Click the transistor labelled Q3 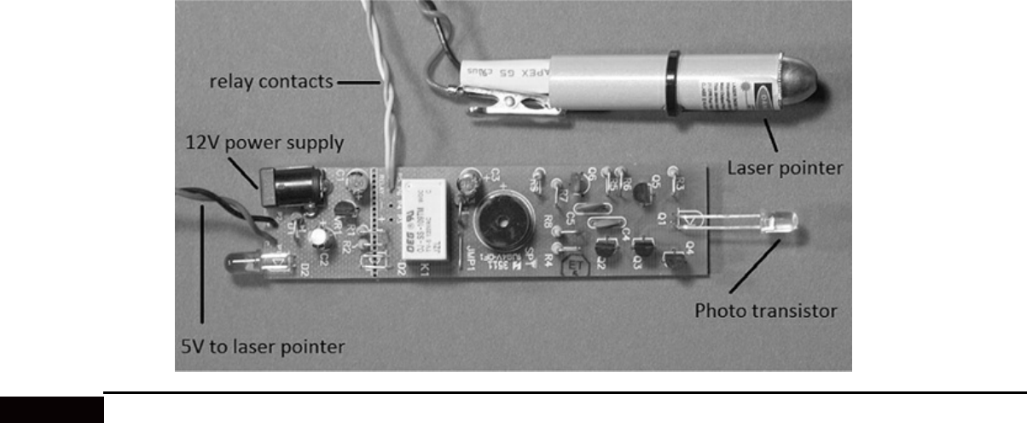tap(642, 252)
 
